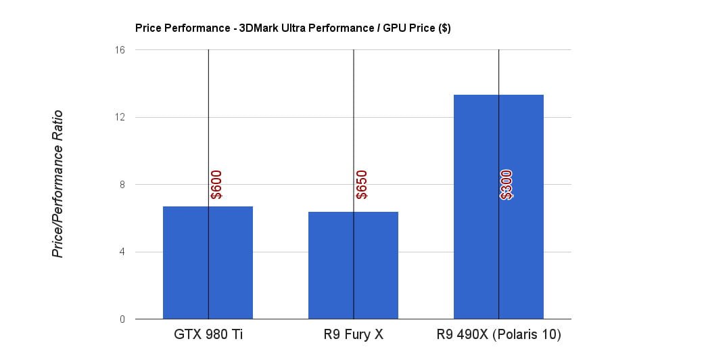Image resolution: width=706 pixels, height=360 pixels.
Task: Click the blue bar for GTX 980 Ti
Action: [186, 264]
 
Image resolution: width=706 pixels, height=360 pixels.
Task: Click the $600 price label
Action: [216, 185]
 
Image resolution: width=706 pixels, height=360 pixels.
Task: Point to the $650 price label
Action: [362, 185]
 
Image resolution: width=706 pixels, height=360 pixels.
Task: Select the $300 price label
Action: [507, 185]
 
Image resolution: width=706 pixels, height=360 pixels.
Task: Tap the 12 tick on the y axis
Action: [120, 117]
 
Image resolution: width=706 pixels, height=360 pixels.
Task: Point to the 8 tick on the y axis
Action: [122, 185]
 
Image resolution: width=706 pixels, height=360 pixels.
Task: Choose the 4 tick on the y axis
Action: [122, 252]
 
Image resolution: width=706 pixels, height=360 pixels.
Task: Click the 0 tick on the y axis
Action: [122, 319]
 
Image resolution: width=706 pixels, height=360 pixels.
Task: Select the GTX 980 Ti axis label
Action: [208, 335]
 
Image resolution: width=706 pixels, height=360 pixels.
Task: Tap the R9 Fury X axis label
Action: [353, 335]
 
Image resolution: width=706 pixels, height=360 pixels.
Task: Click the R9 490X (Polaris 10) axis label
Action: [498, 335]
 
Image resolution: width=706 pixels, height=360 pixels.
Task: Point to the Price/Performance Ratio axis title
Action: [58, 184]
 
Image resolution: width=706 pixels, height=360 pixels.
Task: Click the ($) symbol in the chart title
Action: [444, 28]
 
